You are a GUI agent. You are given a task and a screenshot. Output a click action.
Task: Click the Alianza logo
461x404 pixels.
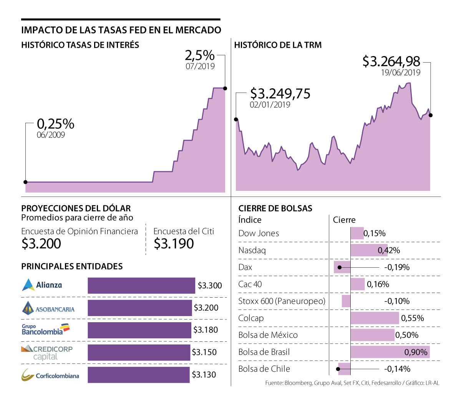42,285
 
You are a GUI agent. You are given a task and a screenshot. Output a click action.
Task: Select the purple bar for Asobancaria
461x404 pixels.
139,308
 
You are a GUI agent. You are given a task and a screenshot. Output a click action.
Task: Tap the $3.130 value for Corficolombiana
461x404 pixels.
204,374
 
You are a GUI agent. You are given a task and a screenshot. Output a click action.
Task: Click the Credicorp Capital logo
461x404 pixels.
47,353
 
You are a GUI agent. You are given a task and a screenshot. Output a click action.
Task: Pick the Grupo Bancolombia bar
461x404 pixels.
139,330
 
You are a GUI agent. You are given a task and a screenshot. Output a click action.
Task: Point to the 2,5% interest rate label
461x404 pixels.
199,55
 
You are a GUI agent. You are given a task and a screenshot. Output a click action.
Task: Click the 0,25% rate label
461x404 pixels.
56,124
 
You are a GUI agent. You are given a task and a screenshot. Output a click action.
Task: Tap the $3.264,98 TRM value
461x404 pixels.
391,61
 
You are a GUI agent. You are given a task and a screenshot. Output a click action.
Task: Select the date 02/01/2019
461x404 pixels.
270,104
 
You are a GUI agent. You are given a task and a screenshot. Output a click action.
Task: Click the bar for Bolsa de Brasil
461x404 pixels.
390,352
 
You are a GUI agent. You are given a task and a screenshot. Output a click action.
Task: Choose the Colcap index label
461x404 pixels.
251,318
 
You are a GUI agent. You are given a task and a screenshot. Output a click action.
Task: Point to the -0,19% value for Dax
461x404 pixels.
396,267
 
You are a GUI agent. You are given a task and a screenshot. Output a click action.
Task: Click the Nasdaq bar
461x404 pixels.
368,250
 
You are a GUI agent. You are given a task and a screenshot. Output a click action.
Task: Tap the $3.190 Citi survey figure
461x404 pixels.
174,243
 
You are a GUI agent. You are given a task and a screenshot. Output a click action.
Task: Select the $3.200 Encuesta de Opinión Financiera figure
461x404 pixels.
41,243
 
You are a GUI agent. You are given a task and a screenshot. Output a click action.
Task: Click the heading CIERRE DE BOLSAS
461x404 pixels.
275,208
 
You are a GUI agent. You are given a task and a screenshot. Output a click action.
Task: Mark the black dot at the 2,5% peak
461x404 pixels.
225,88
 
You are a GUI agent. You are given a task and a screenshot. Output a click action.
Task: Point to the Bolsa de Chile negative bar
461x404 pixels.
344,369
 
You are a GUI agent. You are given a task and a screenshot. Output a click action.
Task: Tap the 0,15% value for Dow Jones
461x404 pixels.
375,233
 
